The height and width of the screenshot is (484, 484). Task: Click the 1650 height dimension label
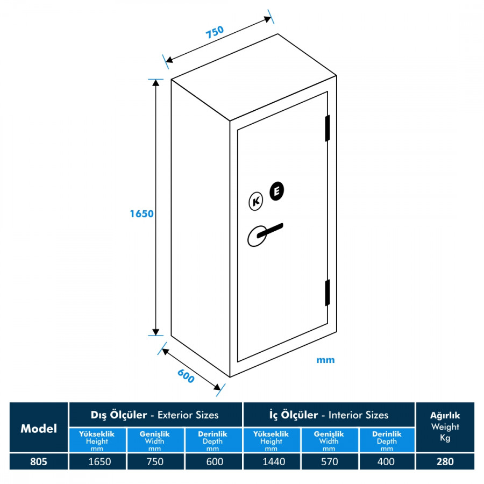[x=142, y=213]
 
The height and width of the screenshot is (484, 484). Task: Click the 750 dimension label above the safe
[x=215, y=33]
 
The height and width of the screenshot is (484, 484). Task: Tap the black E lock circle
[x=277, y=191]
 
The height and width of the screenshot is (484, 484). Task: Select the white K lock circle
[x=256, y=202]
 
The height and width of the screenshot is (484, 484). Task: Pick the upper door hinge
[x=326, y=129]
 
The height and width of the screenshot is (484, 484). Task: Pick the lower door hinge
[x=326, y=292]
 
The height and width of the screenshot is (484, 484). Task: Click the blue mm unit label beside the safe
[x=325, y=360]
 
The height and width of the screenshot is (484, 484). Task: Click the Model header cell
[x=39, y=428]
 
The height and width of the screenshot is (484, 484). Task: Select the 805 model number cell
[x=39, y=461]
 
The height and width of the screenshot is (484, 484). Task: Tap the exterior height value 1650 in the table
[x=97, y=461]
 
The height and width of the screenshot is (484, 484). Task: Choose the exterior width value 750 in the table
[x=155, y=461]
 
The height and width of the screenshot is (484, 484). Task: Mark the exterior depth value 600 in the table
[x=213, y=461]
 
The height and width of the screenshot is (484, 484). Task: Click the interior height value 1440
[x=271, y=461]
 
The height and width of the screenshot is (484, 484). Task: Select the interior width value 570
[x=329, y=461]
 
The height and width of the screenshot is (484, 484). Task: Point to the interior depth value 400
[x=387, y=461]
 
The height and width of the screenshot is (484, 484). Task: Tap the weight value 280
[x=445, y=461]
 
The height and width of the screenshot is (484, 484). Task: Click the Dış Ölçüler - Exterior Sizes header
[x=155, y=415]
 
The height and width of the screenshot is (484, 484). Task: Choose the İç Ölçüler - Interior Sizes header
[x=329, y=415]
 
